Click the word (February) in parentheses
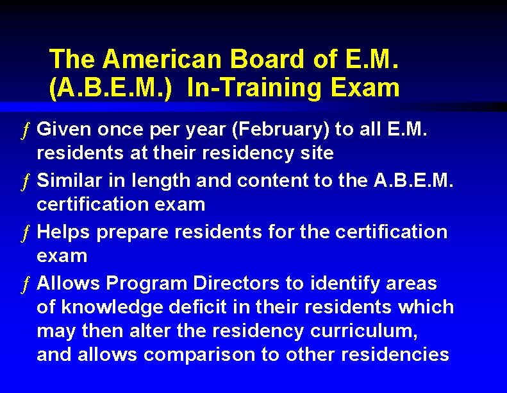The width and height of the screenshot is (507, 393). pos(280,130)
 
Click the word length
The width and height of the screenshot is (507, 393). pos(161,180)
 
